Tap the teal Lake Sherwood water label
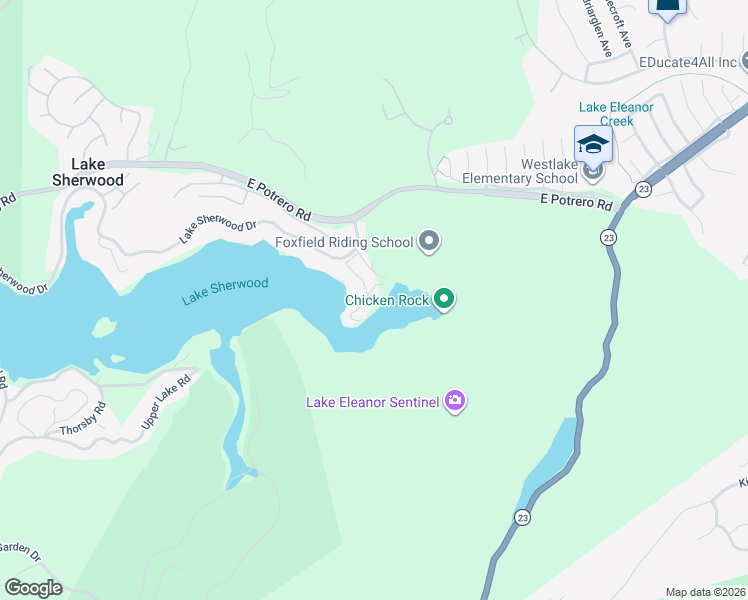coord(225,291)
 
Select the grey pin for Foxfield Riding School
coord(430,241)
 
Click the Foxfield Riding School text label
coord(344,242)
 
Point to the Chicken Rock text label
coord(386,300)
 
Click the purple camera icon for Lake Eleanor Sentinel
coord(455,402)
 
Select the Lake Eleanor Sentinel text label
coord(372,403)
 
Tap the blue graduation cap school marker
coord(593,144)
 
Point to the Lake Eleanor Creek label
coord(616,114)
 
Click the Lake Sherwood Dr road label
coord(217,229)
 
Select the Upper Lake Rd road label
coord(166,399)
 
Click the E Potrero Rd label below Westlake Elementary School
coord(575,202)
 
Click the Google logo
coord(33,588)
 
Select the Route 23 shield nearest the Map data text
coord(523,517)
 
